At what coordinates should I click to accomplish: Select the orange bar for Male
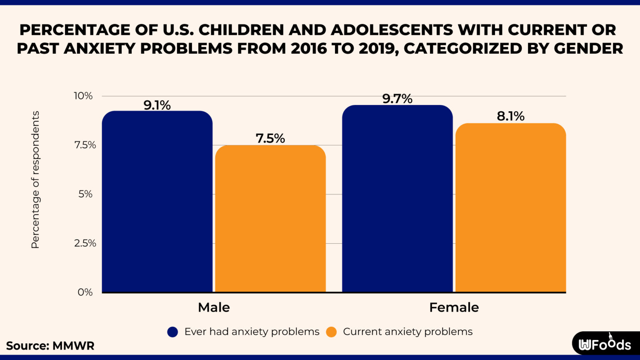(270, 218)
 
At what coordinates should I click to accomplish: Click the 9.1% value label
(157, 105)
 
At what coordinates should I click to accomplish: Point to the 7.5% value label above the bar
(270, 138)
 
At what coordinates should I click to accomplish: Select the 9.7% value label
(397, 99)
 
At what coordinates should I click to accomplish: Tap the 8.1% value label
(510, 116)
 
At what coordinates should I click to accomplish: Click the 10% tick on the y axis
(83, 96)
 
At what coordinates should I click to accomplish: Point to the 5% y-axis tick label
(85, 194)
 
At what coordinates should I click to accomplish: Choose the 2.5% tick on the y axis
(85, 243)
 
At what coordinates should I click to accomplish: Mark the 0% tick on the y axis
(85, 292)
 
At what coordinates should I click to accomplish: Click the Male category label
(214, 307)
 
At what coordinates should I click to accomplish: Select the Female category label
(454, 307)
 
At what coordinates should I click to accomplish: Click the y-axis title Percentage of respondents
(35, 180)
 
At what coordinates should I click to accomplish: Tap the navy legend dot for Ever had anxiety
(172, 332)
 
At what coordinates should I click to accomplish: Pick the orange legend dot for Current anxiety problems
(331, 332)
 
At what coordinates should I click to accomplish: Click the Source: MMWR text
(50, 346)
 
